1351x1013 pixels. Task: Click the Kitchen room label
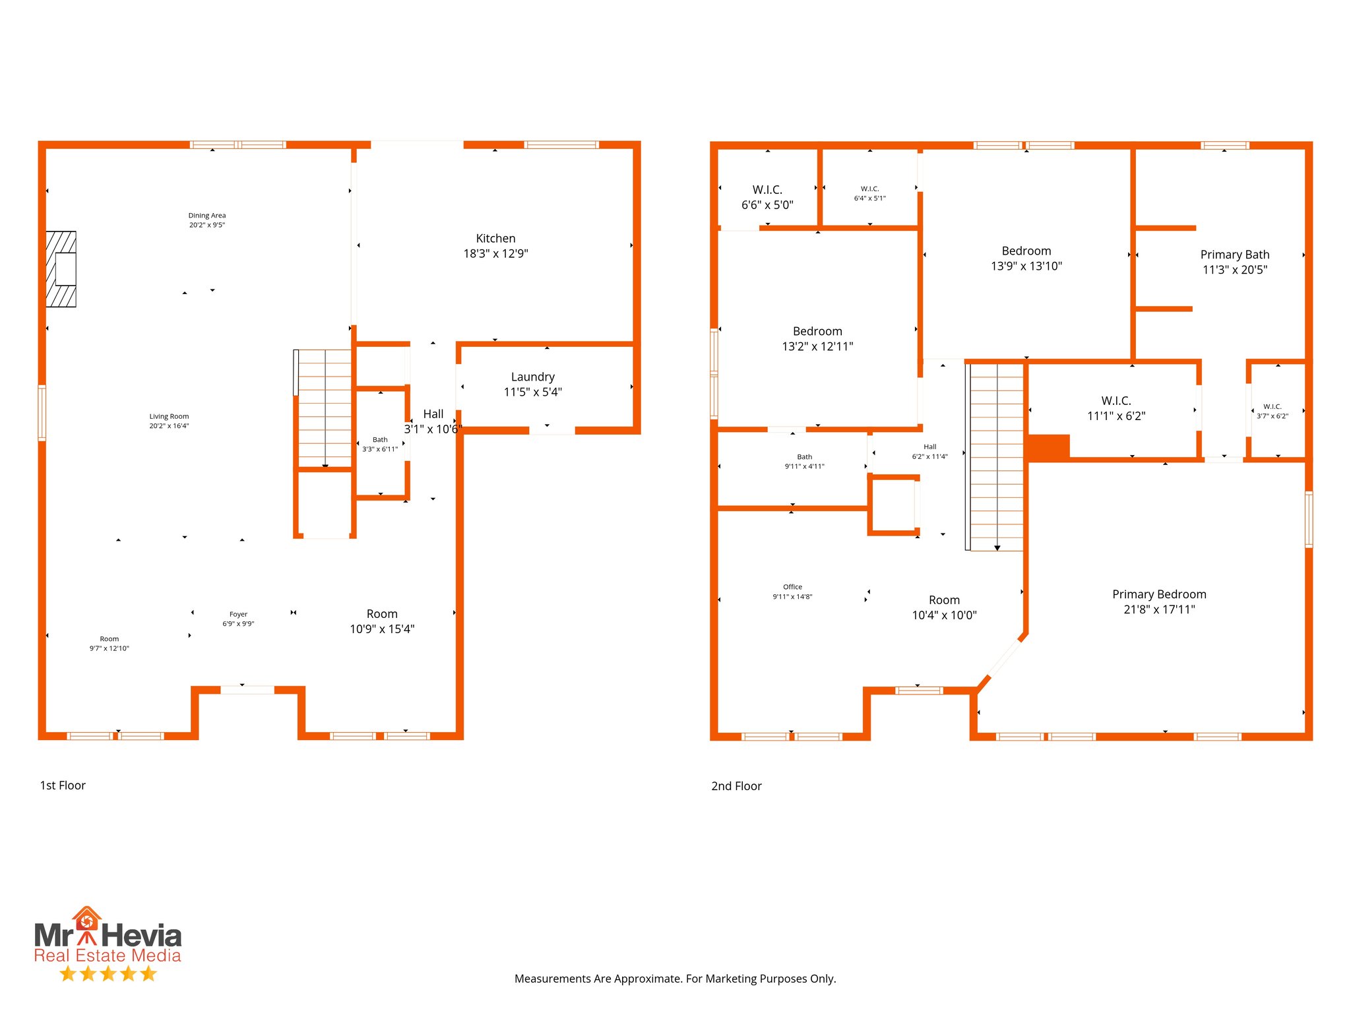pyautogui.click(x=495, y=239)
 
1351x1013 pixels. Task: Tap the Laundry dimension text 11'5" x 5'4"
pyautogui.click(x=532, y=392)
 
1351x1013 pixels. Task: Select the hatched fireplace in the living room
pyautogui.click(x=61, y=269)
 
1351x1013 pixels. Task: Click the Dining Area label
pyautogui.click(x=207, y=216)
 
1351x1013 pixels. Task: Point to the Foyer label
pyautogui.click(x=238, y=614)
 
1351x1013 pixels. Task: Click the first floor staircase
pyautogui.click(x=325, y=409)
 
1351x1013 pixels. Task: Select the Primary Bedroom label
pyautogui.click(x=1159, y=594)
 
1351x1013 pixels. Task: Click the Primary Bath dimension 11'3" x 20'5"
pyautogui.click(x=1234, y=270)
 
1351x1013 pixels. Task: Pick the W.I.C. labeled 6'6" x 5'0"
pyautogui.click(x=767, y=197)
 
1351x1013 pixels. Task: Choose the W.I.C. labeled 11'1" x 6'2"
pyautogui.click(x=1116, y=408)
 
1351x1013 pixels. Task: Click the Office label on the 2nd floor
pyautogui.click(x=792, y=587)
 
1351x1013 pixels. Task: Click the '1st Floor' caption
pyautogui.click(x=63, y=785)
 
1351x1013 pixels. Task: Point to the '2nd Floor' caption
pyautogui.click(x=736, y=786)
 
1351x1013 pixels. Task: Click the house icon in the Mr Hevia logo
pyautogui.click(x=86, y=919)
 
